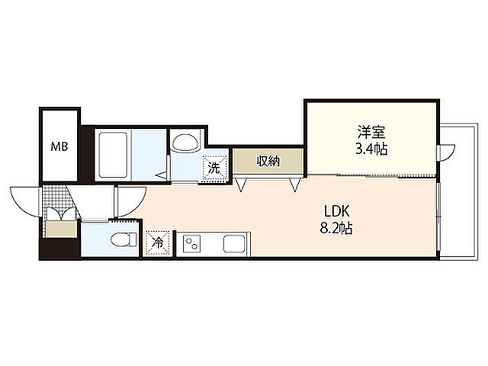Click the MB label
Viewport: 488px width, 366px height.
[x=59, y=146]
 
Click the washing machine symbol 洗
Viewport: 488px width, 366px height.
[x=214, y=169]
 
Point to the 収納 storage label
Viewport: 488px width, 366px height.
[x=268, y=161]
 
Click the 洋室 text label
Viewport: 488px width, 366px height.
[x=371, y=132]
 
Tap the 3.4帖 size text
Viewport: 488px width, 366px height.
[x=371, y=149]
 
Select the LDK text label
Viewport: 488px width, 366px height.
[x=337, y=212]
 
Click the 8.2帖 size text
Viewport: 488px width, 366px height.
[x=336, y=229]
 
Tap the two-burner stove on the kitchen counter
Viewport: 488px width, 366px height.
[x=192, y=243]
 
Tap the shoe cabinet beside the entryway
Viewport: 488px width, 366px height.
[x=61, y=230]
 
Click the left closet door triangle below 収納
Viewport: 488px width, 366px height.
[x=242, y=185]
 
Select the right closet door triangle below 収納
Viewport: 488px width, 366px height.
[x=294, y=185]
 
